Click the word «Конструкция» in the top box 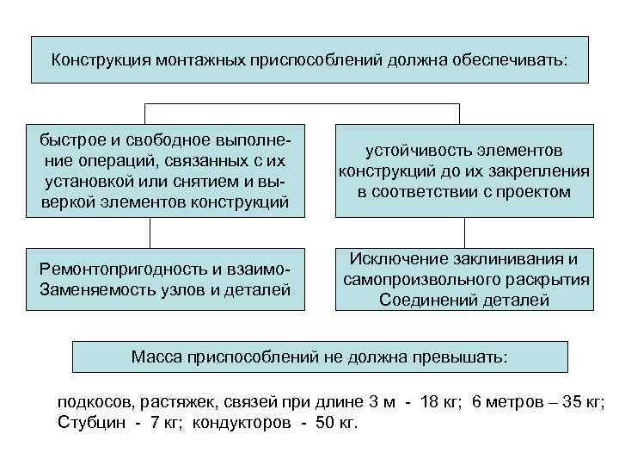pyautogui.click(x=101, y=60)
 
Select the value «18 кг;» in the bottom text pyautogui.click(x=444, y=403)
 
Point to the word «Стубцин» pyautogui.click(x=89, y=423)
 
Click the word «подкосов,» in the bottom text pyautogui.click(x=91, y=403)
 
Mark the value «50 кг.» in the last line pyautogui.click(x=337, y=423)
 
